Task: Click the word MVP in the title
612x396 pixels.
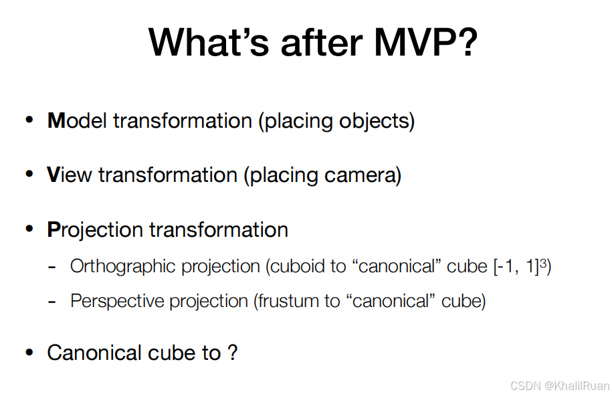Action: pos(426,42)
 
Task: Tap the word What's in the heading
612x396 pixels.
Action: pos(209,42)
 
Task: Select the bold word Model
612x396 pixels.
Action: pos(77,120)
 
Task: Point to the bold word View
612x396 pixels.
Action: pos(69,175)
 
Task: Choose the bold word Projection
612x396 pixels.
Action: pos(95,230)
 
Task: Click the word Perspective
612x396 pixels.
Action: pos(118,302)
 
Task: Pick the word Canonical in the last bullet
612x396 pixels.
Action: pos(94,353)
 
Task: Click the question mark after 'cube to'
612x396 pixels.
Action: pos(233,353)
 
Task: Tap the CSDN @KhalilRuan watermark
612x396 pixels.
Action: pos(560,386)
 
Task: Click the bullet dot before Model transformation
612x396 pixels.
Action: pos(29,120)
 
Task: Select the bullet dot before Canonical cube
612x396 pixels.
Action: pos(29,353)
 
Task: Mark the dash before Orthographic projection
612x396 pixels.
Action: pos(52,268)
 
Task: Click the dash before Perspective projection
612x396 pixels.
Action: pos(52,302)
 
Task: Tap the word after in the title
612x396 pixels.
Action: pos(322,42)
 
